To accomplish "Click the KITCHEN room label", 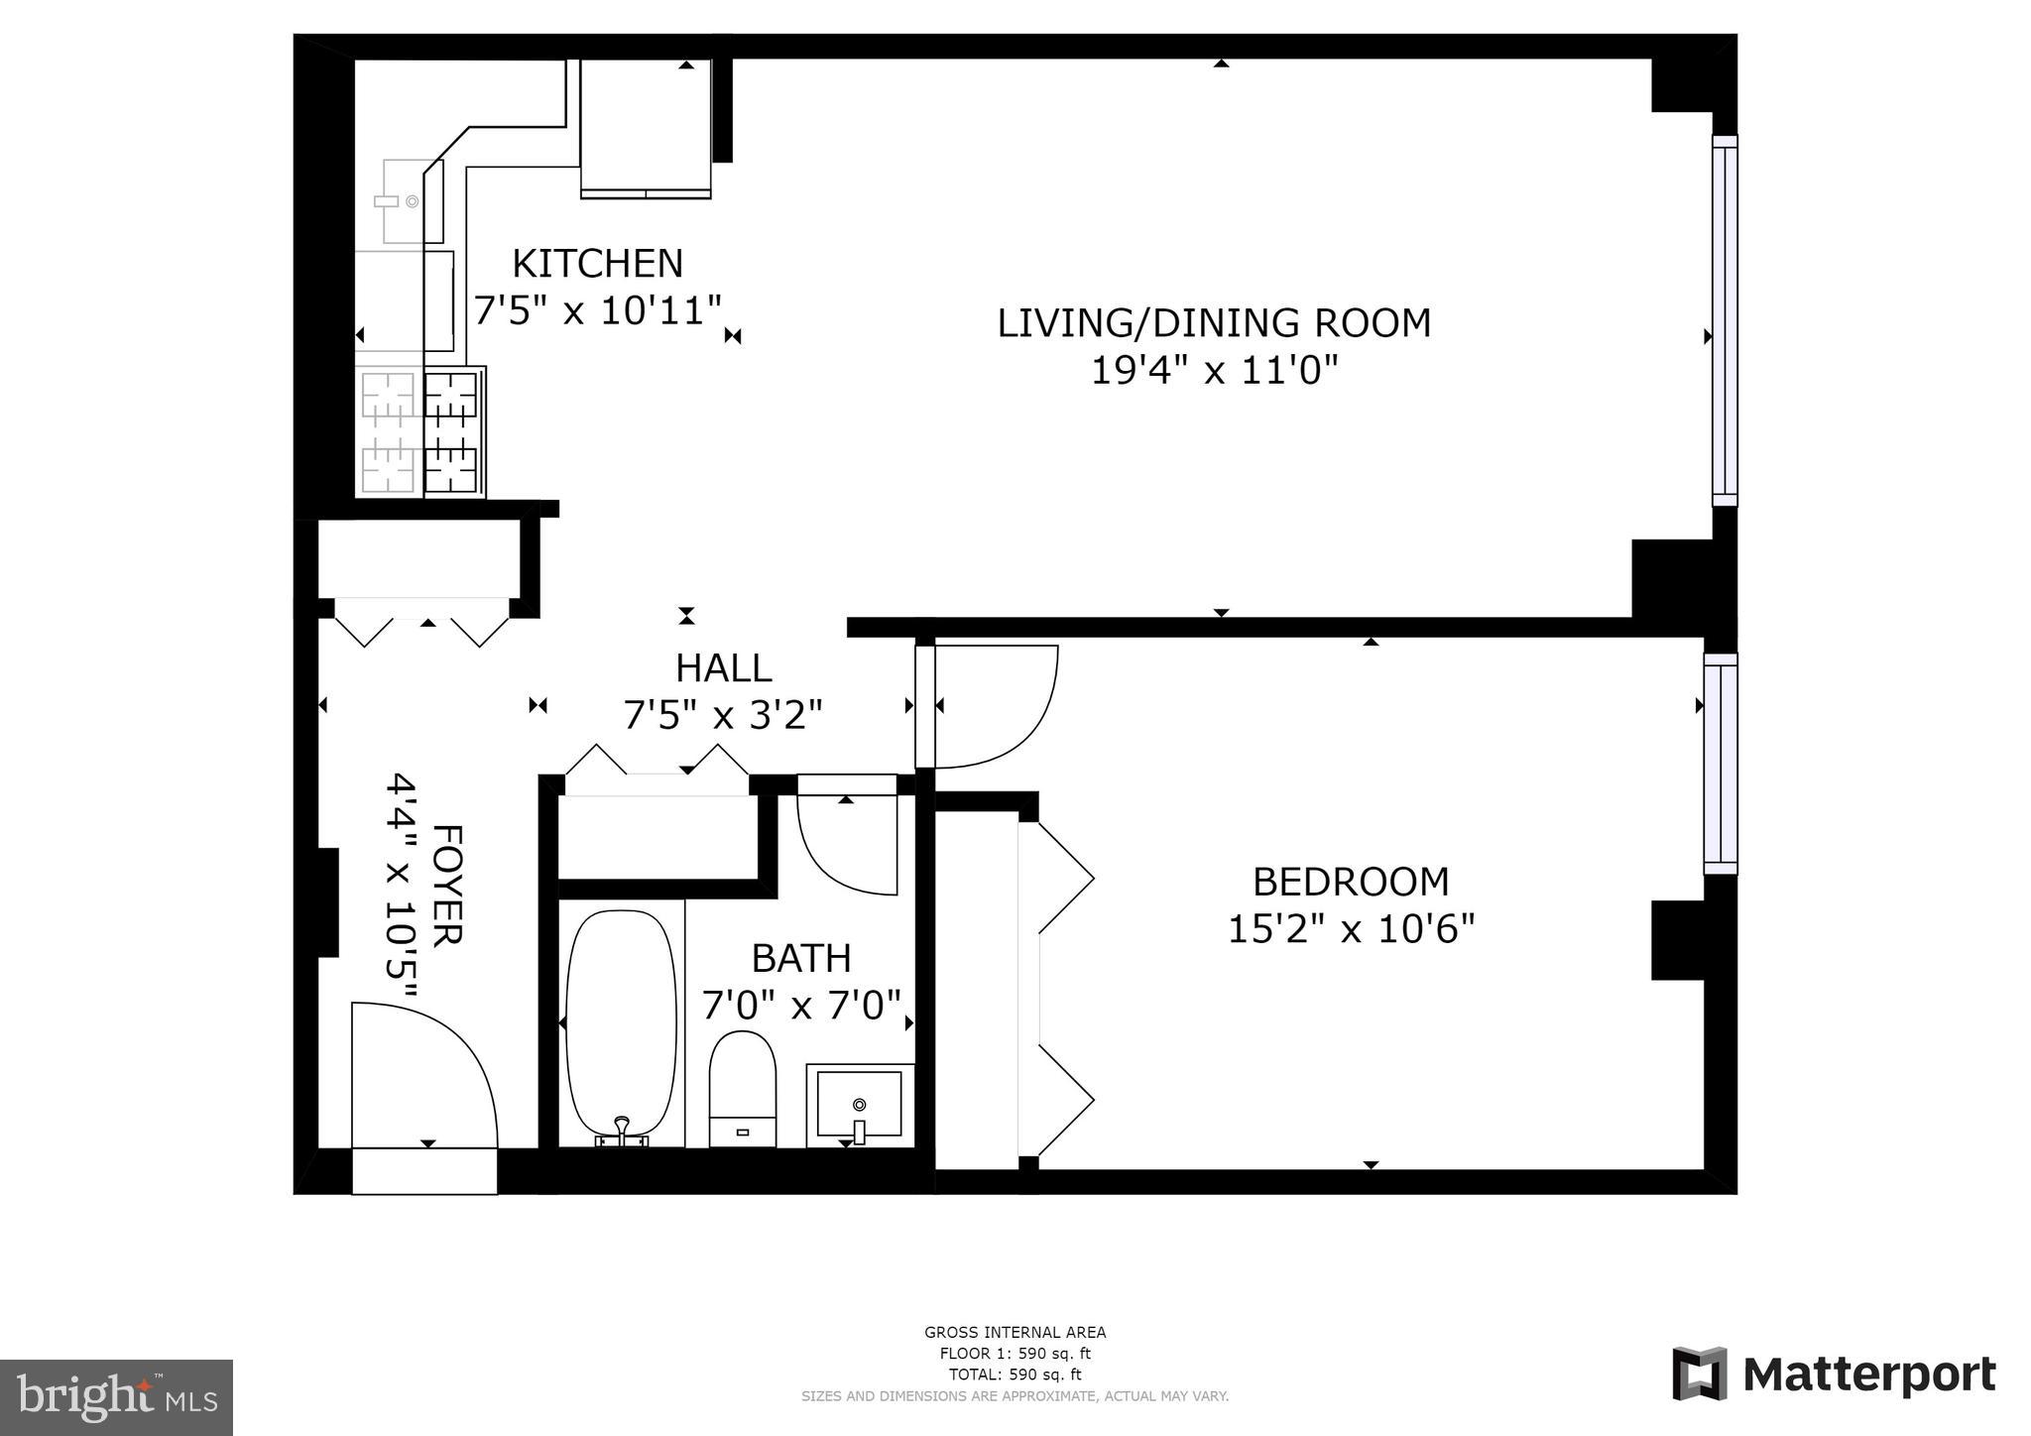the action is (x=598, y=264).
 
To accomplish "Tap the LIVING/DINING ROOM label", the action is (x=1214, y=323).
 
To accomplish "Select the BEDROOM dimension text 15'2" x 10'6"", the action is (x=1352, y=929).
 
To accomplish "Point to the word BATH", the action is (x=801, y=958).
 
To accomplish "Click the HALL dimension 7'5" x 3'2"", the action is (x=723, y=714).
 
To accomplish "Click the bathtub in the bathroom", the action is (x=621, y=1025).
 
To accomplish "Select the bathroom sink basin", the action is (x=860, y=1105).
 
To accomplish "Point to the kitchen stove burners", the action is (x=420, y=432).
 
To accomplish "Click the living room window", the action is (x=1726, y=320).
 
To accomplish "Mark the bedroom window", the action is (x=1721, y=764).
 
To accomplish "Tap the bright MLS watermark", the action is (x=117, y=1397).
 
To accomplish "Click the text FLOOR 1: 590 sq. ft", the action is (x=1015, y=1354).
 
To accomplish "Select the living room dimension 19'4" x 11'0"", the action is (x=1214, y=371).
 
